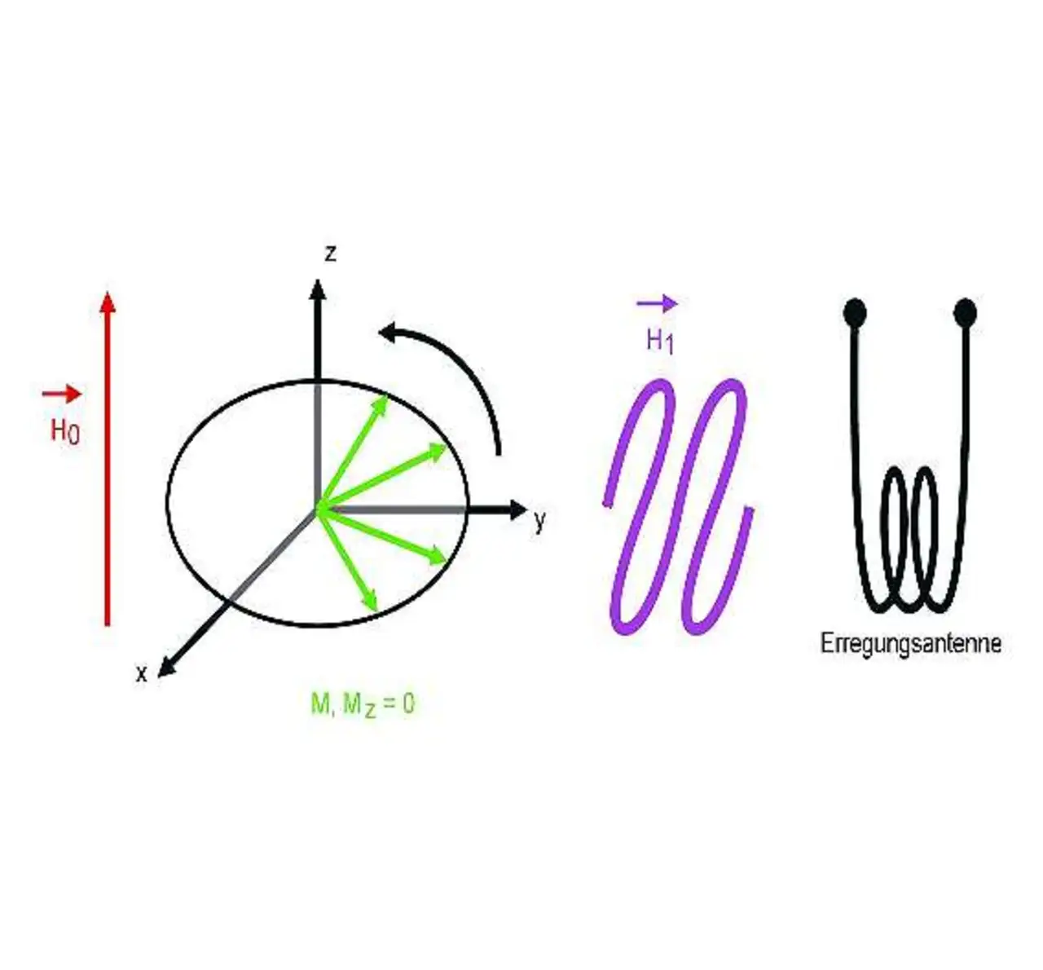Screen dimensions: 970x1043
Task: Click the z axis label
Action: pos(330,254)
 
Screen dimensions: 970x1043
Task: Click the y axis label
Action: pos(539,521)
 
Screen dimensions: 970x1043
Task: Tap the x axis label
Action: pos(142,674)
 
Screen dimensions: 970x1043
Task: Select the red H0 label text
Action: pos(65,430)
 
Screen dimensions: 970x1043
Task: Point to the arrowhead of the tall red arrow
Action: pos(107,301)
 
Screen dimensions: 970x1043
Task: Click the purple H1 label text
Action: pos(659,341)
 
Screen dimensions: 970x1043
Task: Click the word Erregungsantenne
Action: pos(910,644)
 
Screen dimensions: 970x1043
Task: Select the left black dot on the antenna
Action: pos(854,311)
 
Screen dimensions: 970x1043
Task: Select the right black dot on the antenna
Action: pos(966,311)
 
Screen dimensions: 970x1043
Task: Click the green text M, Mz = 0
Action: pos(363,703)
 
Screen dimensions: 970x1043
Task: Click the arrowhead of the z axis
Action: pos(318,289)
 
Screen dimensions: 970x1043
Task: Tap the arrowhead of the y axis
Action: pos(518,510)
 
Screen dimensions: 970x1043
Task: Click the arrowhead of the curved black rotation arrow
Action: pos(389,333)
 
